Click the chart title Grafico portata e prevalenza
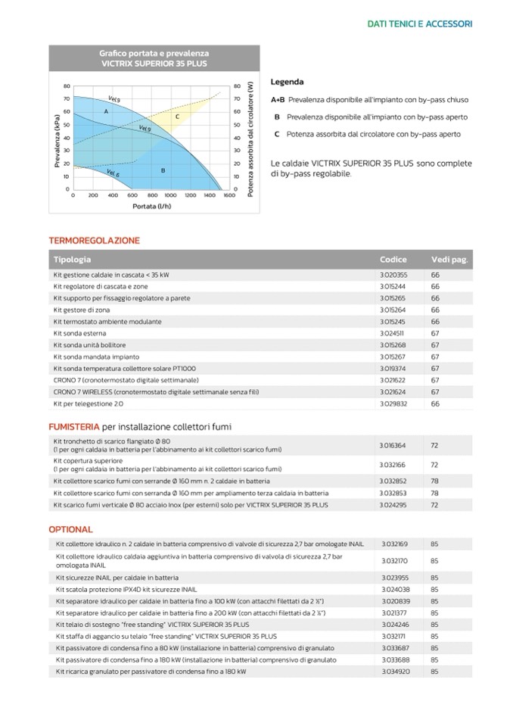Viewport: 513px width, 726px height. point(154,54)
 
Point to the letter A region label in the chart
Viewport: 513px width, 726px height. point(106,111)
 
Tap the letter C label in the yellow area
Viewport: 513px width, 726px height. point(177,117)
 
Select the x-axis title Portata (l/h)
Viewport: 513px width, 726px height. point(152,206)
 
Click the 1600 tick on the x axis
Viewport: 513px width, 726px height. point(229,195)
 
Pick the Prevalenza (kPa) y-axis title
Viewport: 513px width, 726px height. point(57,137)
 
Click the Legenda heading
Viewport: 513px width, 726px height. point(287,82)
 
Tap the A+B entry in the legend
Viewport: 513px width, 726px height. point(278,100)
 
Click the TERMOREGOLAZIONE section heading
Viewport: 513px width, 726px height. point(95,241)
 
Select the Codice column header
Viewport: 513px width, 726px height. point(393,260)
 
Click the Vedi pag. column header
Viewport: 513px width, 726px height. point(449,260)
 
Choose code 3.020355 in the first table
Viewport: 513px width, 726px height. point(393,275)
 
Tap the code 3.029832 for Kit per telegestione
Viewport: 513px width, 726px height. point(393,404)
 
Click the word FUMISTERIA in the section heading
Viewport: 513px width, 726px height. point(73,427)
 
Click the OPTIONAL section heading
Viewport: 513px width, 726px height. point(70,529)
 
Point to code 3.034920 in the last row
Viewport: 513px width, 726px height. point(394,671)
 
